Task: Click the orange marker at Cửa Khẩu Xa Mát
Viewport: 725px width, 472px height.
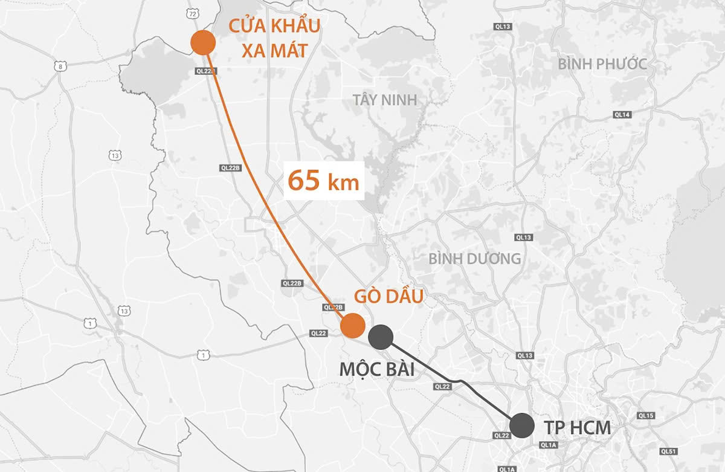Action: tap(203, 43)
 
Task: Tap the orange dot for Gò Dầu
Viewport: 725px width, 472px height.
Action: tap(353, 326)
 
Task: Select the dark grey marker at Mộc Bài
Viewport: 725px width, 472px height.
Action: tap(381, 337)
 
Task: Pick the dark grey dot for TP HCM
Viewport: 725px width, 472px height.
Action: tap(521, 425)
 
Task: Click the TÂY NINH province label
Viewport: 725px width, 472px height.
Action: tap(385, 100)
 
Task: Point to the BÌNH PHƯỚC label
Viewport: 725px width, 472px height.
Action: tap(602, 64)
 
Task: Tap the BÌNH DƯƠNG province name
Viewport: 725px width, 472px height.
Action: tap(475, 259)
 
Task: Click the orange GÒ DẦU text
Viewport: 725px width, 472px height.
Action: tap(388, 297)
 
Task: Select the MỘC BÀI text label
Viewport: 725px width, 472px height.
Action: tap(377, 369)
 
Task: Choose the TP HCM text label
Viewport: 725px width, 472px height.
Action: tap(578, 428)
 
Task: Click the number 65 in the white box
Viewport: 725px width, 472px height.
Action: tap(303, 180)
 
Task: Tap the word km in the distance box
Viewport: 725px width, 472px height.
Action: tap(343, 183)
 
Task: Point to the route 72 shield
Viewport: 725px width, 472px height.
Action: tap(192, 12)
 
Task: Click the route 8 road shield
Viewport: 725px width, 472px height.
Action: tap(60, 66)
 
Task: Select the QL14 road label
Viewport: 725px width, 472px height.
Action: tap(622, 114)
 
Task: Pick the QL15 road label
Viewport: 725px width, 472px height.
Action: tap(646, 416)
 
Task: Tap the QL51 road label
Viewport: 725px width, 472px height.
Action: tap(668, 451)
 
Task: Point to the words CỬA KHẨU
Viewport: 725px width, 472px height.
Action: tap(274, 27)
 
